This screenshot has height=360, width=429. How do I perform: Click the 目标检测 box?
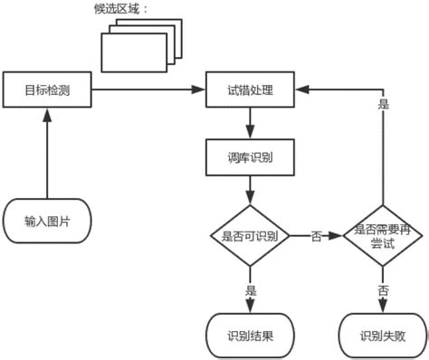[44, 89]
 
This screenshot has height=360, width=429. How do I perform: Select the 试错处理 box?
[250, 89]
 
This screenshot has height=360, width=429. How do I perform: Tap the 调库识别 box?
[250, 156]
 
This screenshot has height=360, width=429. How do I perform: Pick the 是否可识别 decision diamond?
[250, 237]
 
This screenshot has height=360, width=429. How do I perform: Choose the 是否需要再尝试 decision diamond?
[384, 237]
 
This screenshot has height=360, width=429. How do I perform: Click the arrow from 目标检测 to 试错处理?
[145, 89]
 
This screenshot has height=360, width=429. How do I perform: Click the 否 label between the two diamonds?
[316, 237]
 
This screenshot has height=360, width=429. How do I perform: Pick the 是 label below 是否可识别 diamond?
[251, 291]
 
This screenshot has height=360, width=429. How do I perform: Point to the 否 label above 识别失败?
[384, 291]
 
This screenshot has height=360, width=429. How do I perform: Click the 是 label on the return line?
[383, 105]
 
